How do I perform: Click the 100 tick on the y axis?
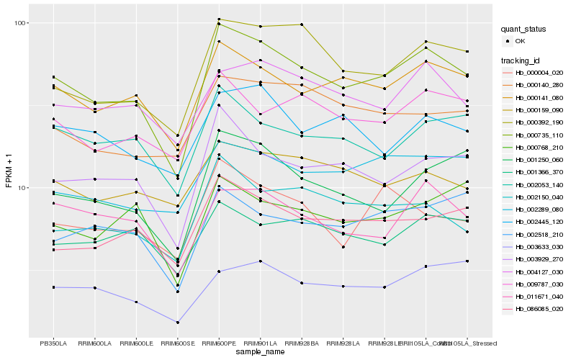(x=20, y=23)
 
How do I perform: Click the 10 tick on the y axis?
(x=22, y=187)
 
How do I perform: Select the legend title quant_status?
(x=525, y=30)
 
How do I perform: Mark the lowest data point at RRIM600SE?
(x=177, y=323)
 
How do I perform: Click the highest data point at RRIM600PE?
(x=219, y=19)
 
